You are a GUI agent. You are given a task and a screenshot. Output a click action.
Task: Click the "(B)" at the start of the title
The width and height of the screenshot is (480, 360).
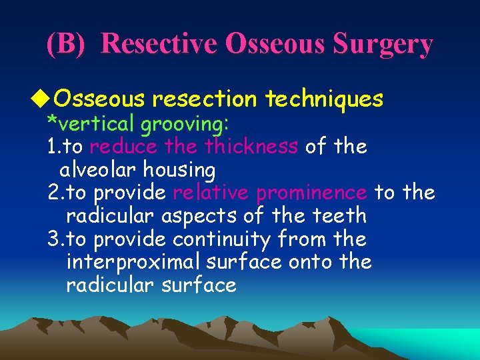click(66, 44)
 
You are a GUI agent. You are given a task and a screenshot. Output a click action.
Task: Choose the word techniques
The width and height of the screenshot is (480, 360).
click(324, 99)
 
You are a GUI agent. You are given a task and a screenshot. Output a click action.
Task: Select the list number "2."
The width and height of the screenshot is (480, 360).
click(55, 193)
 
